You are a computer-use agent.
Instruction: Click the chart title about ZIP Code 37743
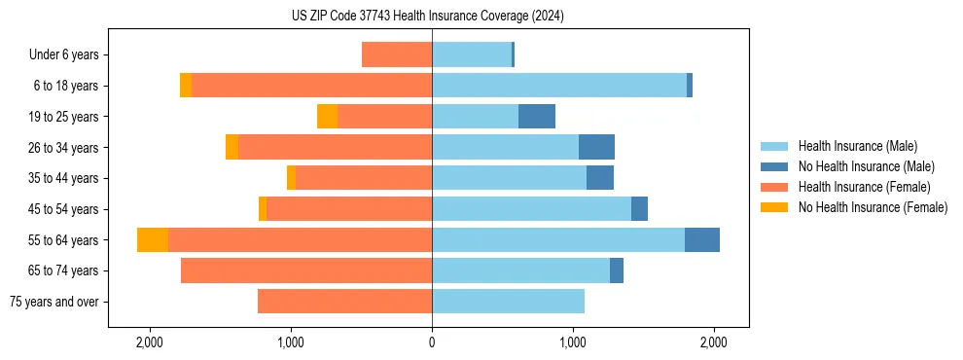pos(427,17)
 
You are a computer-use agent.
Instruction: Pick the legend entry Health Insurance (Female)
pos(857,187)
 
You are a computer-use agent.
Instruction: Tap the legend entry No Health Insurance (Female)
pos(872,207)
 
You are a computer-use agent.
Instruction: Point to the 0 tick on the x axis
pos(432,343)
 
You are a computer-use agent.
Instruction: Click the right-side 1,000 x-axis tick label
pos(573,343)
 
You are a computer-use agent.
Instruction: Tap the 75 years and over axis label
pos(54,302)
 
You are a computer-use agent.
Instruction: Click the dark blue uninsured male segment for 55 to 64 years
pos(702,240)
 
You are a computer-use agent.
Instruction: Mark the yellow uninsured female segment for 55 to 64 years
pos(153,240)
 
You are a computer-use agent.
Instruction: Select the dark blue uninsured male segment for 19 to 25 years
pos(537,117)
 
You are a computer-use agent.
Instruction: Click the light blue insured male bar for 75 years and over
pos(508,302)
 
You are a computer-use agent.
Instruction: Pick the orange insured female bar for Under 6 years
pos(397,55)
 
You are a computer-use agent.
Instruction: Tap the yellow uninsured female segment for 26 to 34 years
pos(232,148)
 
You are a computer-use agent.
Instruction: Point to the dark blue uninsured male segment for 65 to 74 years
pos(617,270)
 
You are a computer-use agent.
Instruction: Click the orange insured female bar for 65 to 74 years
pos(306,270)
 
